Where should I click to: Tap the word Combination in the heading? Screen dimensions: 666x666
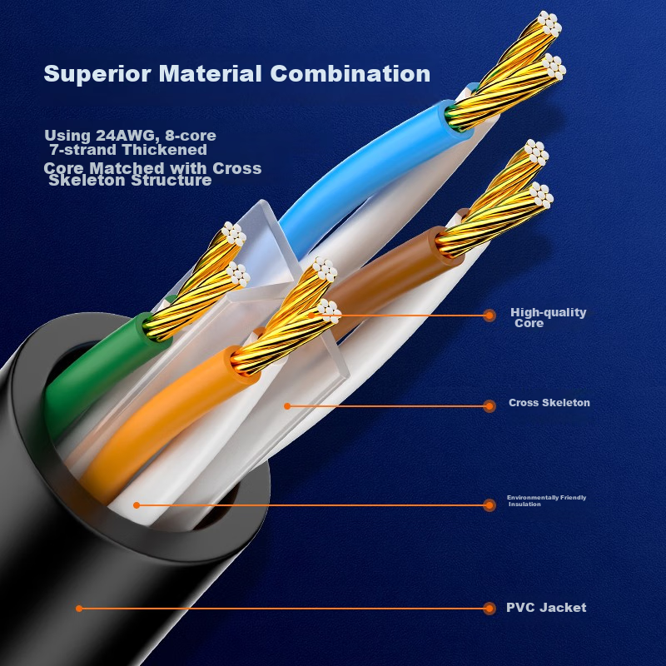pos(350,74)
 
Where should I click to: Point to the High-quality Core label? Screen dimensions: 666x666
pos(548,317)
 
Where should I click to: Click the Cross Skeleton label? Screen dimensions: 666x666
pos(549,403)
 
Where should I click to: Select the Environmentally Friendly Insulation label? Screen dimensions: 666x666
pos(546,500)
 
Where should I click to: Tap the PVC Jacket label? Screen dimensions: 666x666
pos(545,608)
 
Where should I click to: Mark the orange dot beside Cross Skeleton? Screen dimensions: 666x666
pos(490,405)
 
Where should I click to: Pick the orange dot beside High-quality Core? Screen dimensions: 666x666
pos(490,316)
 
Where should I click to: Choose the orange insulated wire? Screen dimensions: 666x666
pos(158,416)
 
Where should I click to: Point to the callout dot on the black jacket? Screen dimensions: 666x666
pos(79,609)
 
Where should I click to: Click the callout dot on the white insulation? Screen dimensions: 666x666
pos(137,504)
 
